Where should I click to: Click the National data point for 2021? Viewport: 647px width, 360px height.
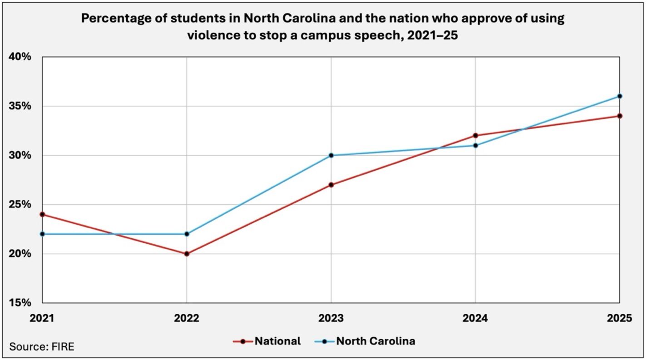(42, 214)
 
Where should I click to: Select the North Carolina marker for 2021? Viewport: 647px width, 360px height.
(42, 234)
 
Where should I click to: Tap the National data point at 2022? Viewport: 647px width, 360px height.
(187, 254)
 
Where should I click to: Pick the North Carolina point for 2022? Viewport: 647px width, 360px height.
(187, 234)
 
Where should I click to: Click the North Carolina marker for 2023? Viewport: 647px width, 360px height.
(331, 155)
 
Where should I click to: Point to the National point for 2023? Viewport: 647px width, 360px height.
(331, 185)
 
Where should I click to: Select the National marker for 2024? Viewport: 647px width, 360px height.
(475, 135)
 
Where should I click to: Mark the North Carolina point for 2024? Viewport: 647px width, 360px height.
(475, 145)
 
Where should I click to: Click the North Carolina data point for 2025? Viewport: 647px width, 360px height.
(620, 96)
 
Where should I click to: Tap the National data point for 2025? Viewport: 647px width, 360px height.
(620, 116)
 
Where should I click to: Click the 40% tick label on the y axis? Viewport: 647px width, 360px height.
(21, 57)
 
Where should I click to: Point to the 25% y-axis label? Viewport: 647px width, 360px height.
(21, 204)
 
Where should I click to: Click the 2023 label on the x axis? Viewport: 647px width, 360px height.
(331, 319)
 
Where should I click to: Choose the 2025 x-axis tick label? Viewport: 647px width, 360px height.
(619, 319)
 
